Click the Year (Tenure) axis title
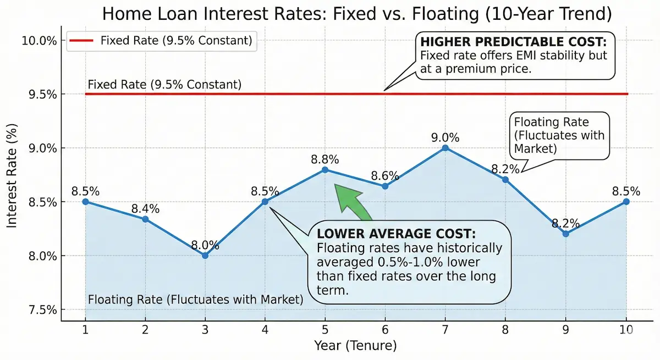pyautogui.click(x=355, y=346)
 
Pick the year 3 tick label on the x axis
pyautogui.click(x=205, y=330)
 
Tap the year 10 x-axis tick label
pyautogui.click(x=626, y=330)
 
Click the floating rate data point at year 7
pyautogui.click(x=446, y=148)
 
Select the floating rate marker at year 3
pyautogui.click(x=205, y=256)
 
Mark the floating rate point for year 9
pyautogui.click(x=566, y=234)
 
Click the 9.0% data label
pyautogui.click(x=446, y=137)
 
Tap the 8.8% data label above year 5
pyautogui.click(x=324, y=159)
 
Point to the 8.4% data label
pyautogui.click(x=145, y=209)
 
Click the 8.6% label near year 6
pyautogui.click(x=385, y=176)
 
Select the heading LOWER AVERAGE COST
pyautogui.click(x=396, y=233)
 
